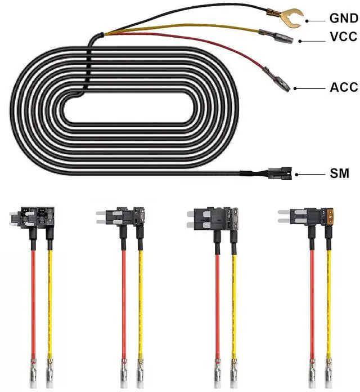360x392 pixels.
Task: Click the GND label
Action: (344, 18)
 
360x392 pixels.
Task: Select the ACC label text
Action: (344, 88)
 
